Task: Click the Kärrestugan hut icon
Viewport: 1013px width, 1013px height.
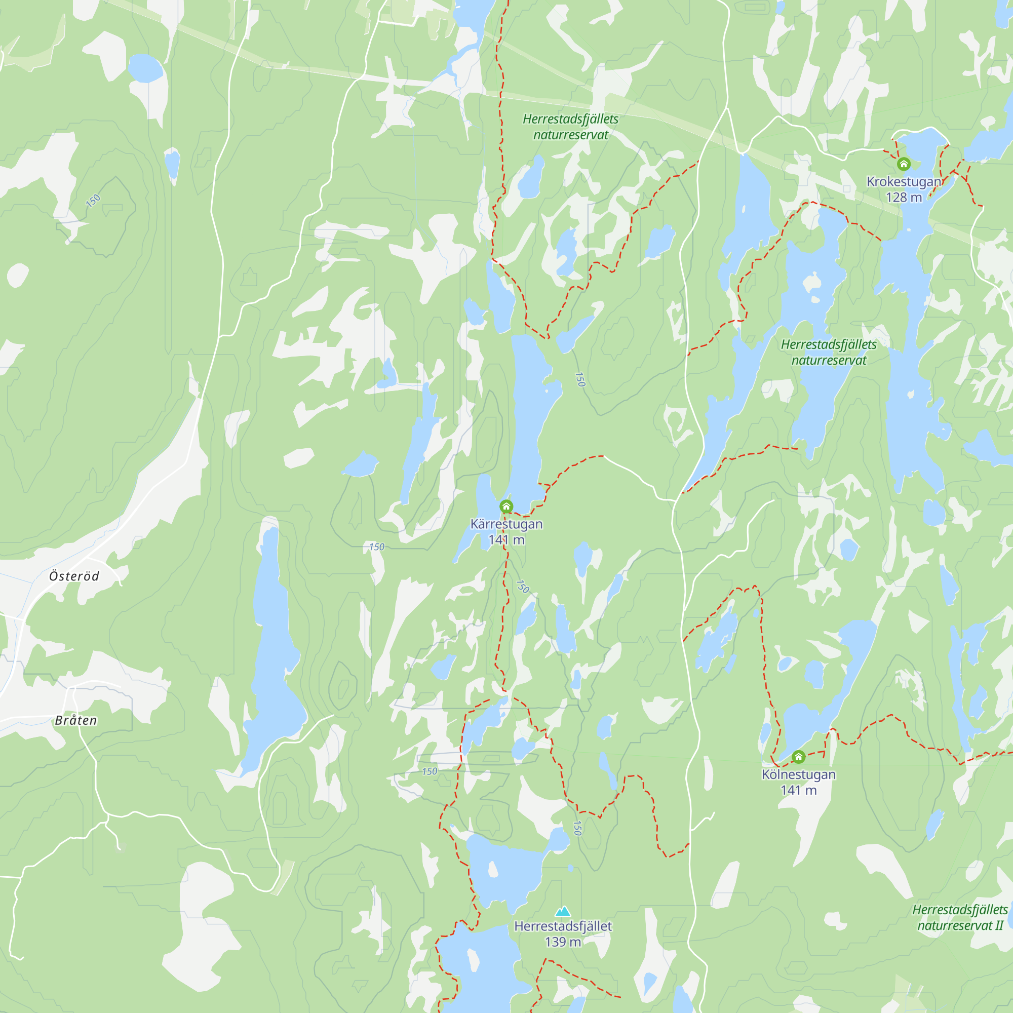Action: coord(506,506)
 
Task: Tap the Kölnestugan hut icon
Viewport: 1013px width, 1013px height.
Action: coord(798,757)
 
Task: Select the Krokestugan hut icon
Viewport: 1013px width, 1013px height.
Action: coord(904,164)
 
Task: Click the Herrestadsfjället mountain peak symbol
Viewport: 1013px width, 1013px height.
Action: coord(563,911)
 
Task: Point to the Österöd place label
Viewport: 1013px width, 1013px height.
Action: coord(74,576)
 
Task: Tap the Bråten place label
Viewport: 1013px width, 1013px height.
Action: coord(76,720)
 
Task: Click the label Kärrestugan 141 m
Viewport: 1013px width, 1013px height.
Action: coord(506,532)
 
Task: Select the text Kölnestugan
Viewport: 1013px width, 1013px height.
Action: coord(798,774)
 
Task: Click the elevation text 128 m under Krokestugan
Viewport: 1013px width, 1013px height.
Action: coord(904,198)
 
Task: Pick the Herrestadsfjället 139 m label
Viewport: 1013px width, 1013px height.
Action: coord(563,934)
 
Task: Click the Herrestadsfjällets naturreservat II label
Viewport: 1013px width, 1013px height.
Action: coord(959,918)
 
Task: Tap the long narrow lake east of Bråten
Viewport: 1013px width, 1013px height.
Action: coord(272,655)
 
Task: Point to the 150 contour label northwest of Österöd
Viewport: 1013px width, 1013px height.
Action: coord(93,200)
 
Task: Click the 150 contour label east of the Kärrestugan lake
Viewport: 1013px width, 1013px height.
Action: coord(579,379)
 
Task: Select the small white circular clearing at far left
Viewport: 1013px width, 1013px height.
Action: coord(17,275)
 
